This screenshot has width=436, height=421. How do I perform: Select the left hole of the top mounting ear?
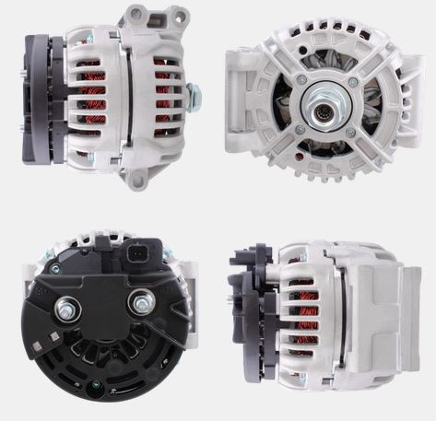pyautogui.click(x=135, y=16)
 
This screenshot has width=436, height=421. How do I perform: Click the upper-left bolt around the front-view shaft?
pyautogui.click(x=301, y=80)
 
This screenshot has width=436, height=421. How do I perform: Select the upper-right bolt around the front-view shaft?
pyautogui.click(x=352, y=81)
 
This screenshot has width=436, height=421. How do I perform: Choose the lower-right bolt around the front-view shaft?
pyautogui.click(x=351, y=132)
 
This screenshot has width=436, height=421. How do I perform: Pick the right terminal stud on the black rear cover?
pyautogui.click(x=143, y=299)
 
